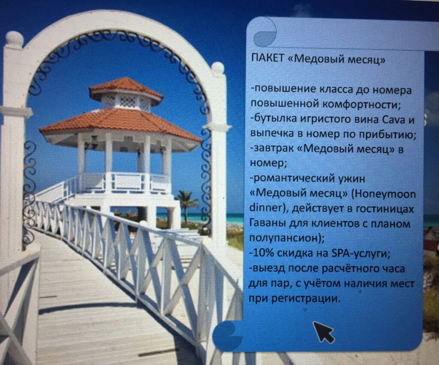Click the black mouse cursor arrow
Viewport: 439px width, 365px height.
tap(323, 332)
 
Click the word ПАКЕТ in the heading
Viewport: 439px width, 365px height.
tap(268, 59)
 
